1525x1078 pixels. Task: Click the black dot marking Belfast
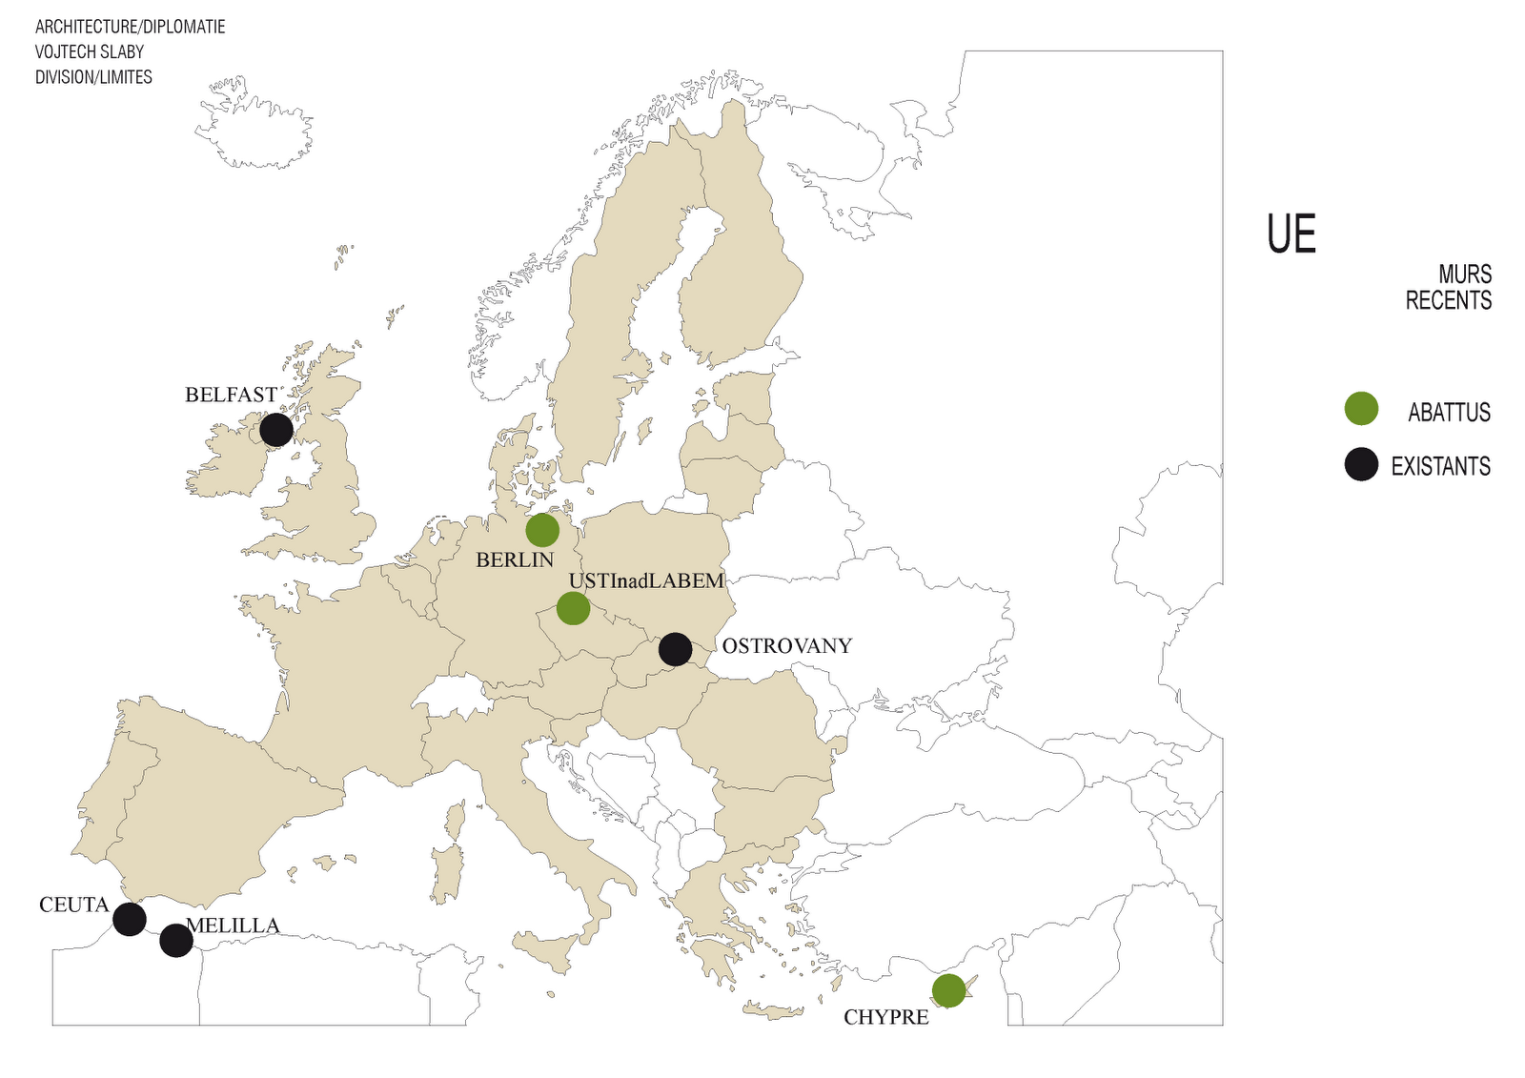pyautogui.click(x=276, y=430)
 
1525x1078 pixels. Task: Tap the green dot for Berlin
pyautogui.click(x=542, y=530)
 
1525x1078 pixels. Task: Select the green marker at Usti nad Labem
pyautogui.click(x=573, y=608)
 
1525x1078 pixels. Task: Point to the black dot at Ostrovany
pyautogui.click(x=676, y=649)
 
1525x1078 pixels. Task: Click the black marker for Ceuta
pyautogui.click(x=130, y=919)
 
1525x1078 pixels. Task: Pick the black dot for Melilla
pyautogui.click(x=176, y=941)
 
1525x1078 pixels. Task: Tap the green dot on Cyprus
pyautogui.click(x=948, y=990)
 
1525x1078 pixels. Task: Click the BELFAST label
pyautogui.click(x=231, y=395)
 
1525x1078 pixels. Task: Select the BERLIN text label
pyautogui.click(x=515, y=560)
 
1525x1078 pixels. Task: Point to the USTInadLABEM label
pyautogui.click(x=646, y=581)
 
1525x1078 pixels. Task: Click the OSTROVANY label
pyautogui.click(x=786, y=646)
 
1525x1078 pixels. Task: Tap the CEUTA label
pyautogui.click(x=74, y=905)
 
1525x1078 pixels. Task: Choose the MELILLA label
pyautogui.click(x=233, y=925)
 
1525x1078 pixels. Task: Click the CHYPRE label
pyautogui.click(x=885, y=1018)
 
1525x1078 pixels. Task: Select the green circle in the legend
pyautogui.click(x=1361, y=409)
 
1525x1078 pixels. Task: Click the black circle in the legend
pyautogui.click(x=1361, y=464)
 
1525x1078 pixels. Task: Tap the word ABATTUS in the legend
pyautogui.click(x=1449, y=413)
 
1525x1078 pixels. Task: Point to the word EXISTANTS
pyautogui.click(x=1440, y=466)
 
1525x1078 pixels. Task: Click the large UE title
pyautogui.click(x=1291, y=234)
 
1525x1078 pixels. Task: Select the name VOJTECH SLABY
pyautogui.click(x=90, y=51)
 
